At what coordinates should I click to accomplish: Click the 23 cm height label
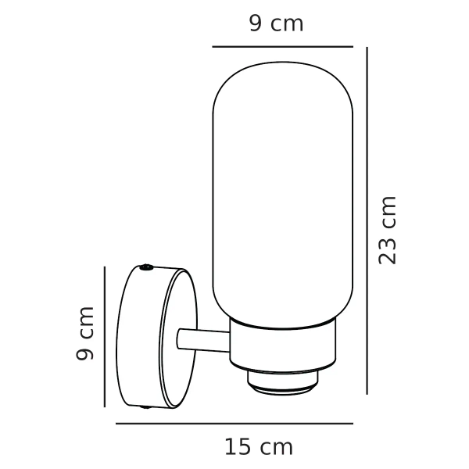pos(388,230)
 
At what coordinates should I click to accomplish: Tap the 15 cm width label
pos(259,447)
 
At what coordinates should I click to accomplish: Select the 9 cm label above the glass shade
pos(276,23)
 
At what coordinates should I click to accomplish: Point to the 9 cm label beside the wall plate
pos(85,334)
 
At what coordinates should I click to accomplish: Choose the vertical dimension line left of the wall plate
pos(105,336)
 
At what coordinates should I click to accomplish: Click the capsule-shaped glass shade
pos(284,195)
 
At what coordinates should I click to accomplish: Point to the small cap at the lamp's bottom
pos(284,381)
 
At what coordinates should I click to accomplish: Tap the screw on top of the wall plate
pos(147,268)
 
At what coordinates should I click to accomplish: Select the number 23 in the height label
pos(388,248)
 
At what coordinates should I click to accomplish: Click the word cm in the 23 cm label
pos(388,209)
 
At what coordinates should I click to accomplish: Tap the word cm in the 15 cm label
pos(277,448)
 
